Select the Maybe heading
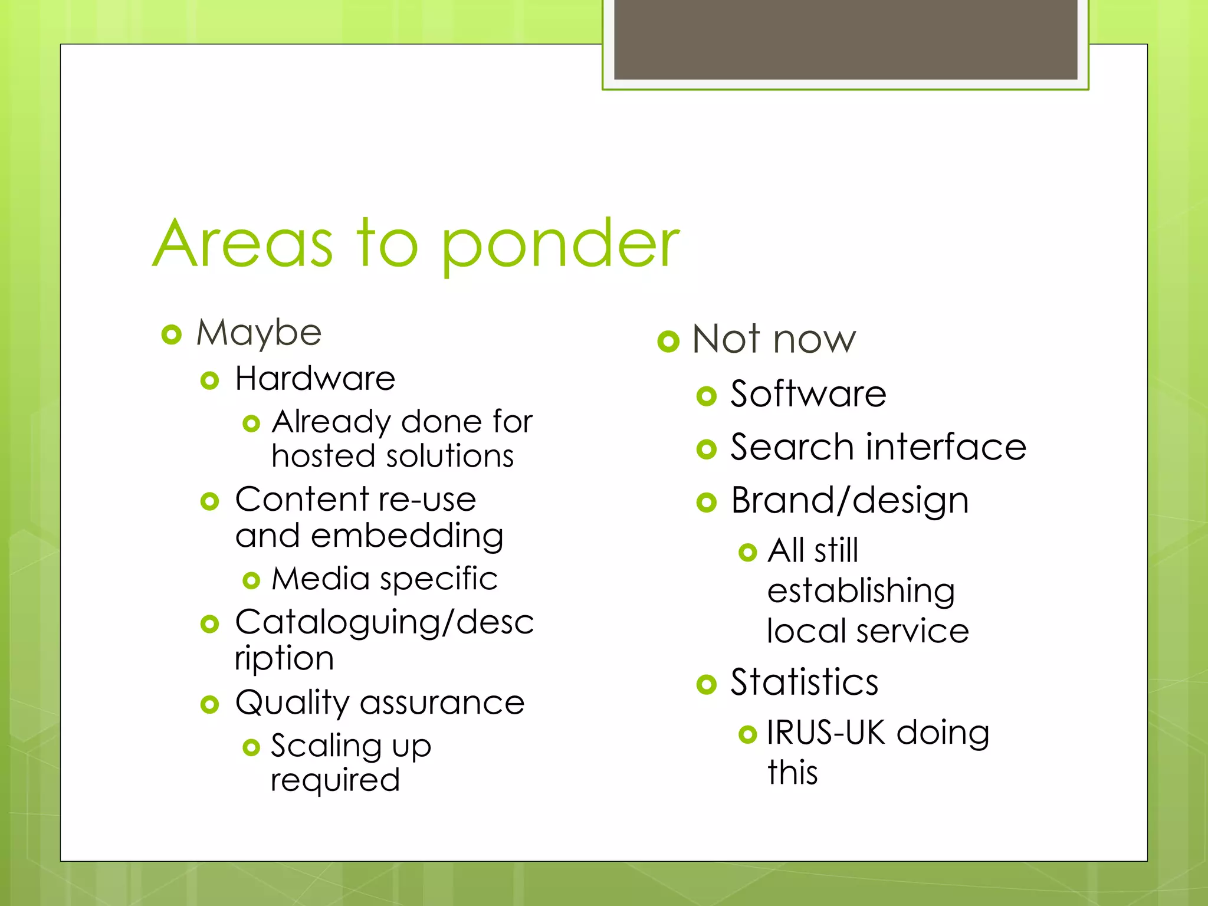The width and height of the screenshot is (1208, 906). (259, 333)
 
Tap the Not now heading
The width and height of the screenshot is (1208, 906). (774, 340)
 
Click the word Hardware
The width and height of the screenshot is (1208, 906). (315, 379)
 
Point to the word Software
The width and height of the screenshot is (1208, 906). (808, 394)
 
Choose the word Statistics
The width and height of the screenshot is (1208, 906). (805, 682)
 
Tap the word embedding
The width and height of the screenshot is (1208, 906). (407, 537)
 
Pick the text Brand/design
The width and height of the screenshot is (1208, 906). (849, 501)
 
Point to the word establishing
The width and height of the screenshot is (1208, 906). (861, 591)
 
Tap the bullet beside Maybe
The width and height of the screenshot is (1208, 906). (171, 335)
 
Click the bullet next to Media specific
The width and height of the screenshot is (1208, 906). (251, 580)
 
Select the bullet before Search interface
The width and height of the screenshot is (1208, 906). (706, 449)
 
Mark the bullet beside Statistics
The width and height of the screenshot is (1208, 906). (706, 684)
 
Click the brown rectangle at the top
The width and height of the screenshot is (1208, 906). (845, 39)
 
